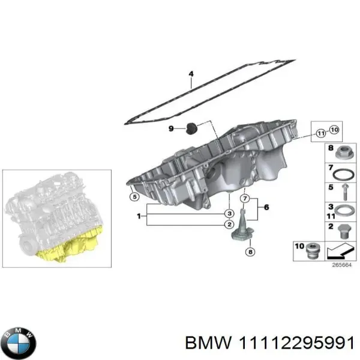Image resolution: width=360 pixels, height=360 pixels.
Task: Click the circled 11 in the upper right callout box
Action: tap(321, 132)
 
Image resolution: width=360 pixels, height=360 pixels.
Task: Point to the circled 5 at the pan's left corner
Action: tap(134, 196)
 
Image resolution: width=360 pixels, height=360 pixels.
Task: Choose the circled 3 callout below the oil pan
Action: tap(229, 213)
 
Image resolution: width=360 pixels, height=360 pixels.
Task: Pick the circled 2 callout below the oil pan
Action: tap(229, 224)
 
